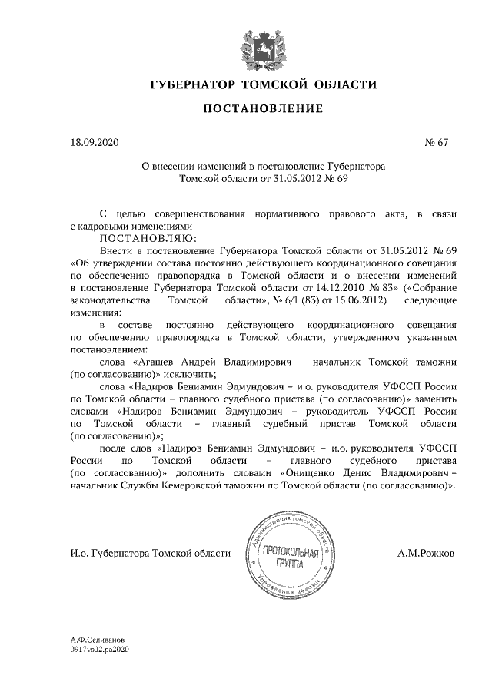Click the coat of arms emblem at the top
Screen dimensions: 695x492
pos(245,42)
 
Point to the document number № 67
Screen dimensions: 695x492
pos(435,143)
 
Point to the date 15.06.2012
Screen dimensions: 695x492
pos(357,300)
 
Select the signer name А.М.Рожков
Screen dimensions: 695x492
pos(426,553)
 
